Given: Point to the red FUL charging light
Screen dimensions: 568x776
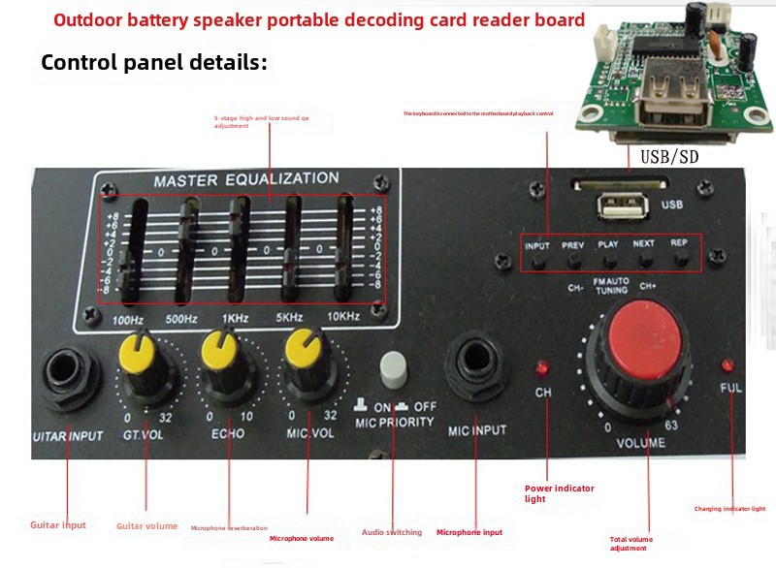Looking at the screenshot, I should [727, 365].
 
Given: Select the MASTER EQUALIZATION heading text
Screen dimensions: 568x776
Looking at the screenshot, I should [245, 179].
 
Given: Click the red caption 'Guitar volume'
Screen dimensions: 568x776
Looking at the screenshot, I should [146, 526].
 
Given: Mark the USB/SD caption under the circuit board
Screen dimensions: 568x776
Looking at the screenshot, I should [669, 155].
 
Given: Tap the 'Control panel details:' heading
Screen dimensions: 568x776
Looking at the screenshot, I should [153, 63].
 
